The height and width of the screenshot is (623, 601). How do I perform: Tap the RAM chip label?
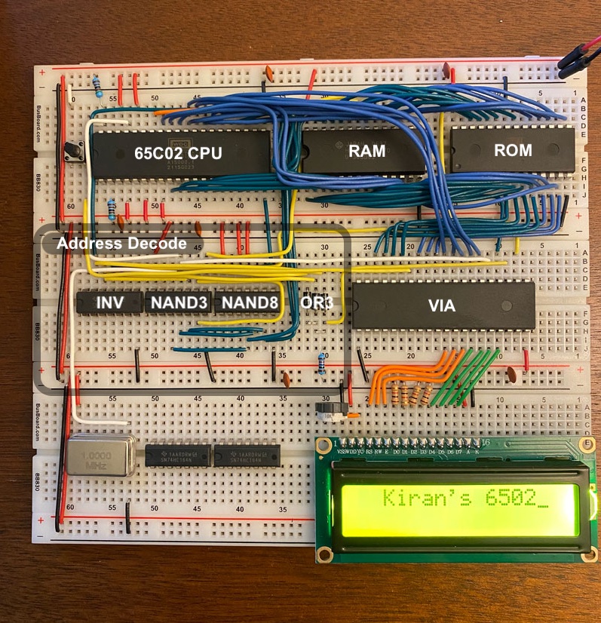(367, 151)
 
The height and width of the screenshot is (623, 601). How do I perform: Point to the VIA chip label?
(443, 305)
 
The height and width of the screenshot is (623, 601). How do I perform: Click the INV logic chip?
(109, 302)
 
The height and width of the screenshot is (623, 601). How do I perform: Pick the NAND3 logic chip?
(178, 302)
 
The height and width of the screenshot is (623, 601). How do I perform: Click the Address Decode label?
(121, 244)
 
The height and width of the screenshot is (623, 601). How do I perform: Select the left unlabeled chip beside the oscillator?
(177, 456)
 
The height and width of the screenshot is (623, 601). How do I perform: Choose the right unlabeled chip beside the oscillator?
(247, 456)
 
